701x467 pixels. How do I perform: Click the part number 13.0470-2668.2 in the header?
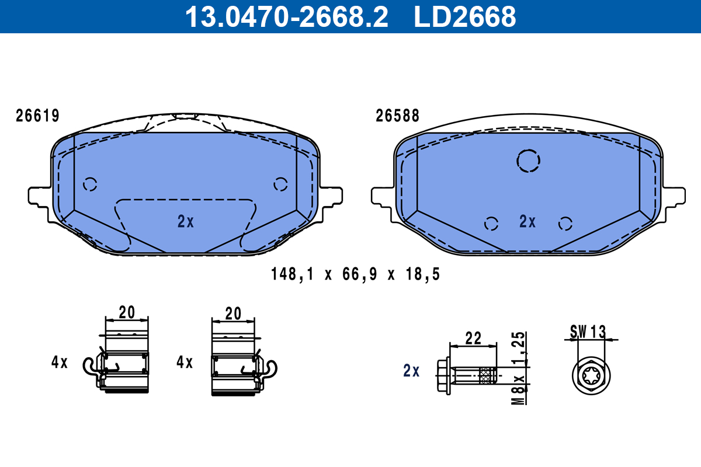(286, 17)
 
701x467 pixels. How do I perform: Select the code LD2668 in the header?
(465, 17)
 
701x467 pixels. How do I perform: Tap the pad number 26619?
(37, 116)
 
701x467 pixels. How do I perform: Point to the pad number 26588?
(397, 116)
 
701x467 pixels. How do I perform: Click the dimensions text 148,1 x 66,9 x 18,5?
(355, 274)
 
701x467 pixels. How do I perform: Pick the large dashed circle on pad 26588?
(528, 161)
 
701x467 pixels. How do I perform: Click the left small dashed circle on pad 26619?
(89, 184)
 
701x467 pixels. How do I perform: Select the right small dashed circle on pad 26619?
(280, 184)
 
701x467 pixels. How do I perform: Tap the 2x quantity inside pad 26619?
(185, 221)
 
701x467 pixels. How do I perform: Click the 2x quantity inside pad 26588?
(528, 221)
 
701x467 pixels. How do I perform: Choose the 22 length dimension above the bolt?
(473, 337)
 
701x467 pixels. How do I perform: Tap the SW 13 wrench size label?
(588, 332)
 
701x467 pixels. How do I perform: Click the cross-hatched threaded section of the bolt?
(486, 375)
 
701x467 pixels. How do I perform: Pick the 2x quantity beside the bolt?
(411, 371)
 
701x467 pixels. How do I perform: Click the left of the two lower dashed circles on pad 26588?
(491, 223)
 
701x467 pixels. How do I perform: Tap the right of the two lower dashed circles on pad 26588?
(564, 223)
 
